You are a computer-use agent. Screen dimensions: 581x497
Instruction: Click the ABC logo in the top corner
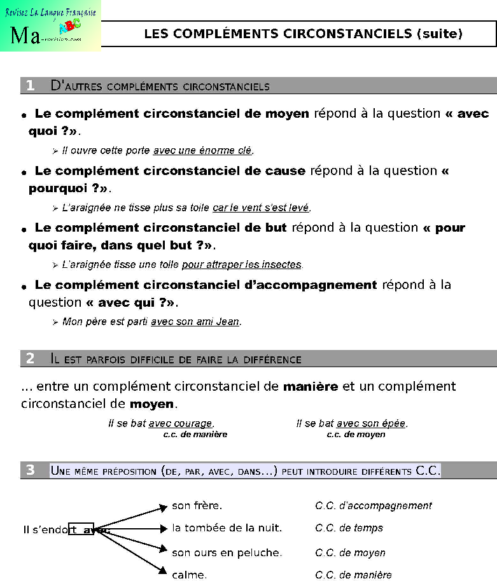pos(66,28)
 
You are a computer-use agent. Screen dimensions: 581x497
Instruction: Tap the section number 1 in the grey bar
pos(30,86)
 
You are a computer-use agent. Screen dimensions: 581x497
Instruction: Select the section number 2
pos(30,359)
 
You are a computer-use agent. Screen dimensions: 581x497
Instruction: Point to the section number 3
pos(30,470)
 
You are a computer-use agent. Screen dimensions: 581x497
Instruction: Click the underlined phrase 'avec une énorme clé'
pos(203,151)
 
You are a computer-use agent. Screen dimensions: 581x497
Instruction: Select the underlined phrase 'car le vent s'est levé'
pos(262,208)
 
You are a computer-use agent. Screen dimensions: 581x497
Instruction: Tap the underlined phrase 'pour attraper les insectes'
pos(242,265)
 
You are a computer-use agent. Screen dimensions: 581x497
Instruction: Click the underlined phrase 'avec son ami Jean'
pos(195,322)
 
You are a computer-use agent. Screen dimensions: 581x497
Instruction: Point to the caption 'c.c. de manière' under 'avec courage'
pos(195,435)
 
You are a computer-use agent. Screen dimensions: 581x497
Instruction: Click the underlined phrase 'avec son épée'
pos(372,424)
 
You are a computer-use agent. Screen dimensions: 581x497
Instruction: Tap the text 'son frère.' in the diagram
pos(197,506)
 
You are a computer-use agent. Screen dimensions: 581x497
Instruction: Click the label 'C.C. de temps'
pos(349,528)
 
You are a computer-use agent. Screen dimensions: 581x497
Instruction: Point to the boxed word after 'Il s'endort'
pos(82,529)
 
